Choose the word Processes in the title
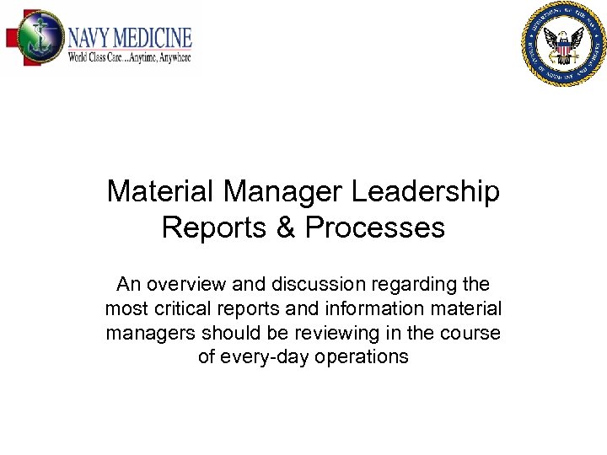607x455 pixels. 375,227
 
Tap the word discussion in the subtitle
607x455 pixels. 305,285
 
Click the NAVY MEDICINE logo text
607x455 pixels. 130,38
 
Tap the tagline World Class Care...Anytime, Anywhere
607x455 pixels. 130,58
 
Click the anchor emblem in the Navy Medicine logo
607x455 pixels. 33,39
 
